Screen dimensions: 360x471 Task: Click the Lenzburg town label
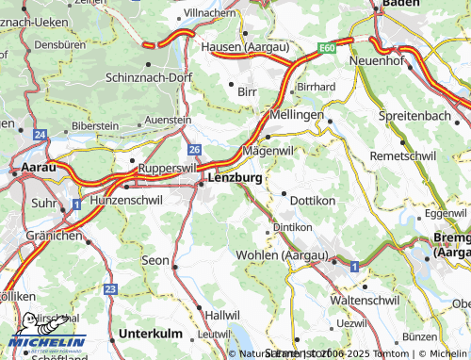pos(236,177)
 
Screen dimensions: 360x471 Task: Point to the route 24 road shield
pos(39,136)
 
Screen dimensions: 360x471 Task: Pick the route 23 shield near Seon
pos(110,288)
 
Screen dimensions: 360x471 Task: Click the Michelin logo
pos(47,334)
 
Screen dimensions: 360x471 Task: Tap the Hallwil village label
pos(222,314)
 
